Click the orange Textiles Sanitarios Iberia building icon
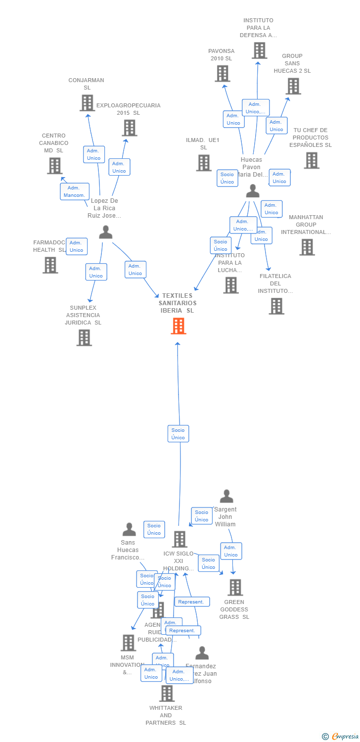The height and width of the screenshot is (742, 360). point(179,326)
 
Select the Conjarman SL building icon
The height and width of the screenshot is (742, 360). point(87,103)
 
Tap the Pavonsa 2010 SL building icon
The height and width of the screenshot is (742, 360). point(223,74)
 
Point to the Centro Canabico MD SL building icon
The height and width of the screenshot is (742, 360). point(54,166)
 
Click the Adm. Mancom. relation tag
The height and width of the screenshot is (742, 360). point(75,191)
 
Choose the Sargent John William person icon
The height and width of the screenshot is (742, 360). point(226,496)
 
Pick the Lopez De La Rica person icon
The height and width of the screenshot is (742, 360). point(105,232)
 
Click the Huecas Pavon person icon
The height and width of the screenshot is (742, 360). point(253,190)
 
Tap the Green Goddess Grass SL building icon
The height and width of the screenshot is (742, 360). point(235,588)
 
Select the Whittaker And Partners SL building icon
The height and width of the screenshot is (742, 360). point(167,694)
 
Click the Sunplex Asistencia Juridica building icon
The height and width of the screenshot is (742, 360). point(84,338)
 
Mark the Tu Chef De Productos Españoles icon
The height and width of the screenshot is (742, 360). point(311,160)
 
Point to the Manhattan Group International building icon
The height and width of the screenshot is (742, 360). point(307,247)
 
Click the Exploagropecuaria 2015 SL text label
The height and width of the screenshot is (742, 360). point(129,109)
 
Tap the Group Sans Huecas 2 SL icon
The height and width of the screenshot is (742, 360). point(293,86)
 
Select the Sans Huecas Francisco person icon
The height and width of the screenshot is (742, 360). point(129,529)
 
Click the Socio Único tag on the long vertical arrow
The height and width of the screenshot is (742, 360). point(178,434)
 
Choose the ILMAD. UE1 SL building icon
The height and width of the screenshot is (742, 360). point(203,163)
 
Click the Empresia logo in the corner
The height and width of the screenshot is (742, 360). point(341,736)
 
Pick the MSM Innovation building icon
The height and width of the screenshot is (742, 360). point(128,643)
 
